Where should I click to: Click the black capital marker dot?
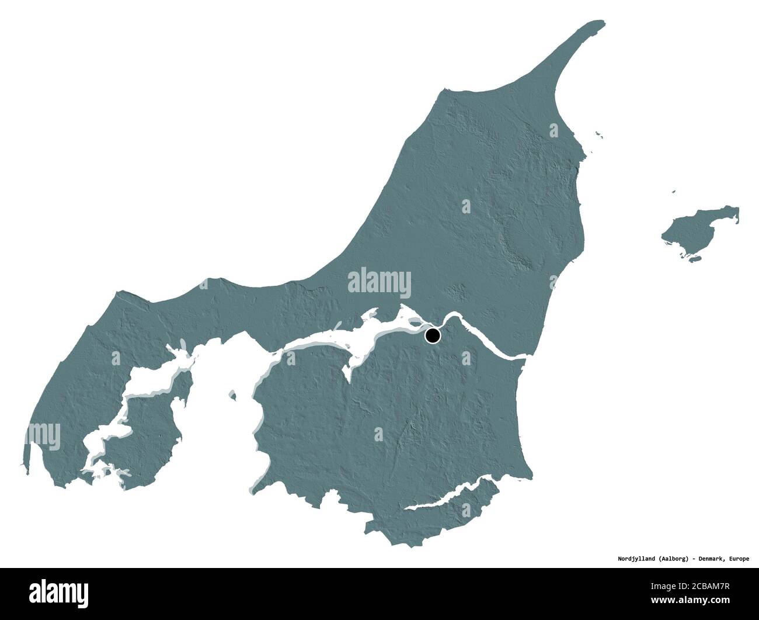pyautogui.click(x=433, y=336)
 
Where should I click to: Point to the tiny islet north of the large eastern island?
pyautogui.click(x=673, y=191)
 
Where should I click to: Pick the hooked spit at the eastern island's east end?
pyautogui.click(x=736, y=215)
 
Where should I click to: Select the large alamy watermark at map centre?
pyautogui.click(x=379, y=282)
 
